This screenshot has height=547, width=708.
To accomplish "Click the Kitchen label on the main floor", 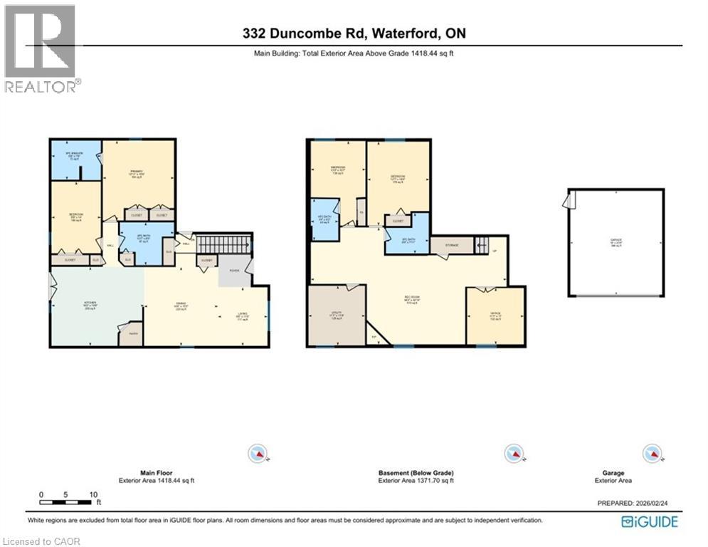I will (90, 306).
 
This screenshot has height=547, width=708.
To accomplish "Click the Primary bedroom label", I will (137, 173).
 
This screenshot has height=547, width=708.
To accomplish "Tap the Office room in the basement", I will (496, 314).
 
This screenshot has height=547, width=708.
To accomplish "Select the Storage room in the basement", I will (451, 245).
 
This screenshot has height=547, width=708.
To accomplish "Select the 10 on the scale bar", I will (93, 494).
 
